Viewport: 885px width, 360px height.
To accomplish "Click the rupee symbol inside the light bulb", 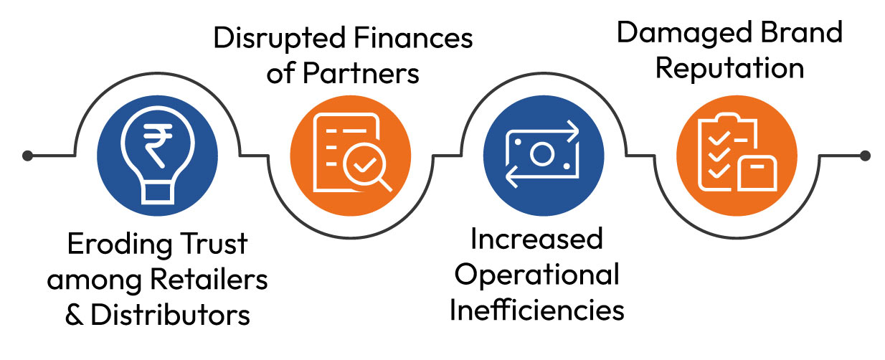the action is tap(158, 146).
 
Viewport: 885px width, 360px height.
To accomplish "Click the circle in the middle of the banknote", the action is tap(542, 153).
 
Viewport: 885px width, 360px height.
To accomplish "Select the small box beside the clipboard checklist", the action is tap(757, 174).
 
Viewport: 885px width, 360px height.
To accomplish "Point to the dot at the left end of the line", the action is tap(27, 156).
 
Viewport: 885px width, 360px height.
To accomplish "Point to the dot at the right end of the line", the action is tap(865, 156).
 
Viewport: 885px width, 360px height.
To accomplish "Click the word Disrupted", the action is tap(280, 39).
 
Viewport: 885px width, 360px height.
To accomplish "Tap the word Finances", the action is tap(413, 38).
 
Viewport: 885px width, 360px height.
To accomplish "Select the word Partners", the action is tap(361, 73).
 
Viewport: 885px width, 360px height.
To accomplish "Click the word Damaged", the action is tap(684, 33).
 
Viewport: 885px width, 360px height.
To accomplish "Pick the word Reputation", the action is tap(729, 69).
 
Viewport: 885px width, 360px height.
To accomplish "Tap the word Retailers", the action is tap(209, 280).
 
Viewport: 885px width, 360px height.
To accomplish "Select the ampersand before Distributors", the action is tap(75, 316).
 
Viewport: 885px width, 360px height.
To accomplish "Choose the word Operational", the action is tap(537, 276).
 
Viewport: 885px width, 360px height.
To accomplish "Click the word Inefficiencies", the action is tap(537, 311).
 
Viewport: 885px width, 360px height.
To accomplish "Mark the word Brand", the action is tap(802, 32).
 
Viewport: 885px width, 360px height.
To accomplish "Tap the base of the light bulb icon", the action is tap(158, 193).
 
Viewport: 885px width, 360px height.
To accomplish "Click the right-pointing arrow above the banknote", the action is tap(572, 131).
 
